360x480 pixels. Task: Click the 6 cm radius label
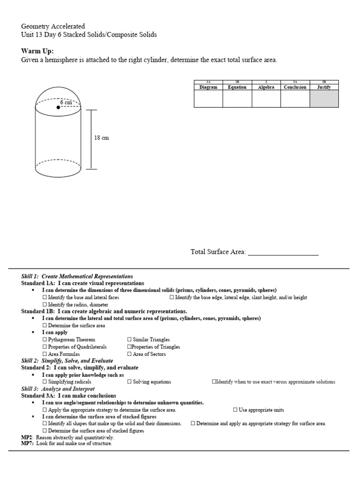coord(66,102)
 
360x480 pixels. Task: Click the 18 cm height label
coord(102,138)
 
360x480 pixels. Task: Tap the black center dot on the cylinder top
coord(58,107)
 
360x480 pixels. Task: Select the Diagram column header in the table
coord(208,87)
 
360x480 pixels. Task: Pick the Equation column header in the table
coord(237,87)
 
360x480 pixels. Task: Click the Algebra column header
coord(266,87)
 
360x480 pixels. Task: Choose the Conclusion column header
coord(295,87)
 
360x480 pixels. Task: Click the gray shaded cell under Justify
coord(324,98)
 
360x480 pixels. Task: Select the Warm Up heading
coord(37,51)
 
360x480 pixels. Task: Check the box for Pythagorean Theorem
coord(45,339)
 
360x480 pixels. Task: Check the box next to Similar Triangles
coord(129,339)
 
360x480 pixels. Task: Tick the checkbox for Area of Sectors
coord(129,354)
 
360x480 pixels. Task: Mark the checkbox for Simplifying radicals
coord(45,382)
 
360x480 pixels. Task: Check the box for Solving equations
coord(129,382)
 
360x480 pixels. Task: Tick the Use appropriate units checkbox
coord(235,410)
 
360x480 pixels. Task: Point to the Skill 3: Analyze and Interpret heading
coord(58,389)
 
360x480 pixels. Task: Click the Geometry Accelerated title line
coord(53,27)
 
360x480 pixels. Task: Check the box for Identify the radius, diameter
coord(45,305)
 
